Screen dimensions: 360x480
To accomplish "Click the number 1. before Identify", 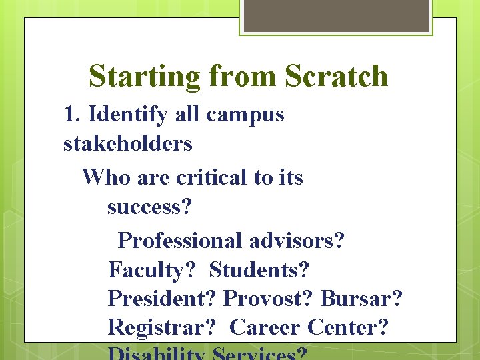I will coord(73,115).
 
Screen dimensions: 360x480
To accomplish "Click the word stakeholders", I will coord(128,143).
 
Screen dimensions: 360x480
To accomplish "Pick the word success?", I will coord(149,207).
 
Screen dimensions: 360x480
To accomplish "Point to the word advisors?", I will coord(300,240).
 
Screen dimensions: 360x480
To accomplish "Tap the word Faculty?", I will coord(152,271).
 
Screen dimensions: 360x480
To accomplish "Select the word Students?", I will coord(259,270).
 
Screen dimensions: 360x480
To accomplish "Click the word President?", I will coord(163,299).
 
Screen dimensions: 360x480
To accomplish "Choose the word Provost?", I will coord(269,299).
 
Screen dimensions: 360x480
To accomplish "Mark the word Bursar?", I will coord(361,299).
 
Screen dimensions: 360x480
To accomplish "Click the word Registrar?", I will coord(163,328).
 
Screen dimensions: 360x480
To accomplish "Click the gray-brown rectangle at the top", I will coord(336,15).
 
